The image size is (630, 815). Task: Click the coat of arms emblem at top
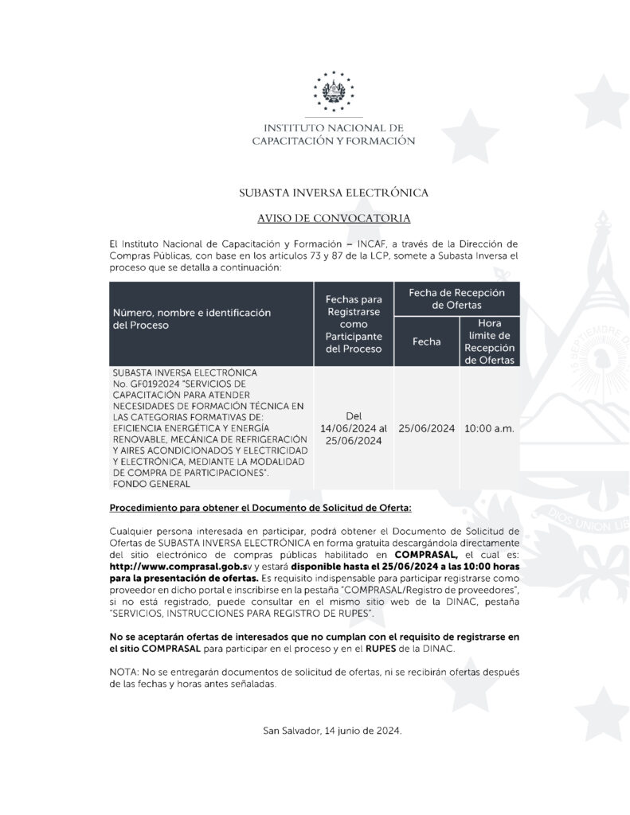(333, 89)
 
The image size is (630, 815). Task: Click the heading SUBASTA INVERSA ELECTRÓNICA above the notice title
(334, 193)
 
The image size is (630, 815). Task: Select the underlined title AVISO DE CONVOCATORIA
(334, 217)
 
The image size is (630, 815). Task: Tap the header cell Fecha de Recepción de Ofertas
(456, 298)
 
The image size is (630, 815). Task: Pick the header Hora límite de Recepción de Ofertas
(490, 341)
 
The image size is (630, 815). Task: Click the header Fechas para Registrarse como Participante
(354, 324)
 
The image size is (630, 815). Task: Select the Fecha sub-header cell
(426, 341)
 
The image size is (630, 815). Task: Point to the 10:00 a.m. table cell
(490, 428)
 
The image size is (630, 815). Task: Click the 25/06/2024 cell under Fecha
(426, 428)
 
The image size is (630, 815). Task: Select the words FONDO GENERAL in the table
(151, 483)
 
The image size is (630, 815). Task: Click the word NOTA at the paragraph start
(123, 673)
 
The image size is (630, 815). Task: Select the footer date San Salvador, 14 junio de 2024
(333, 731)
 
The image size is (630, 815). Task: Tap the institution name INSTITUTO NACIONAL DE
(333, 128)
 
